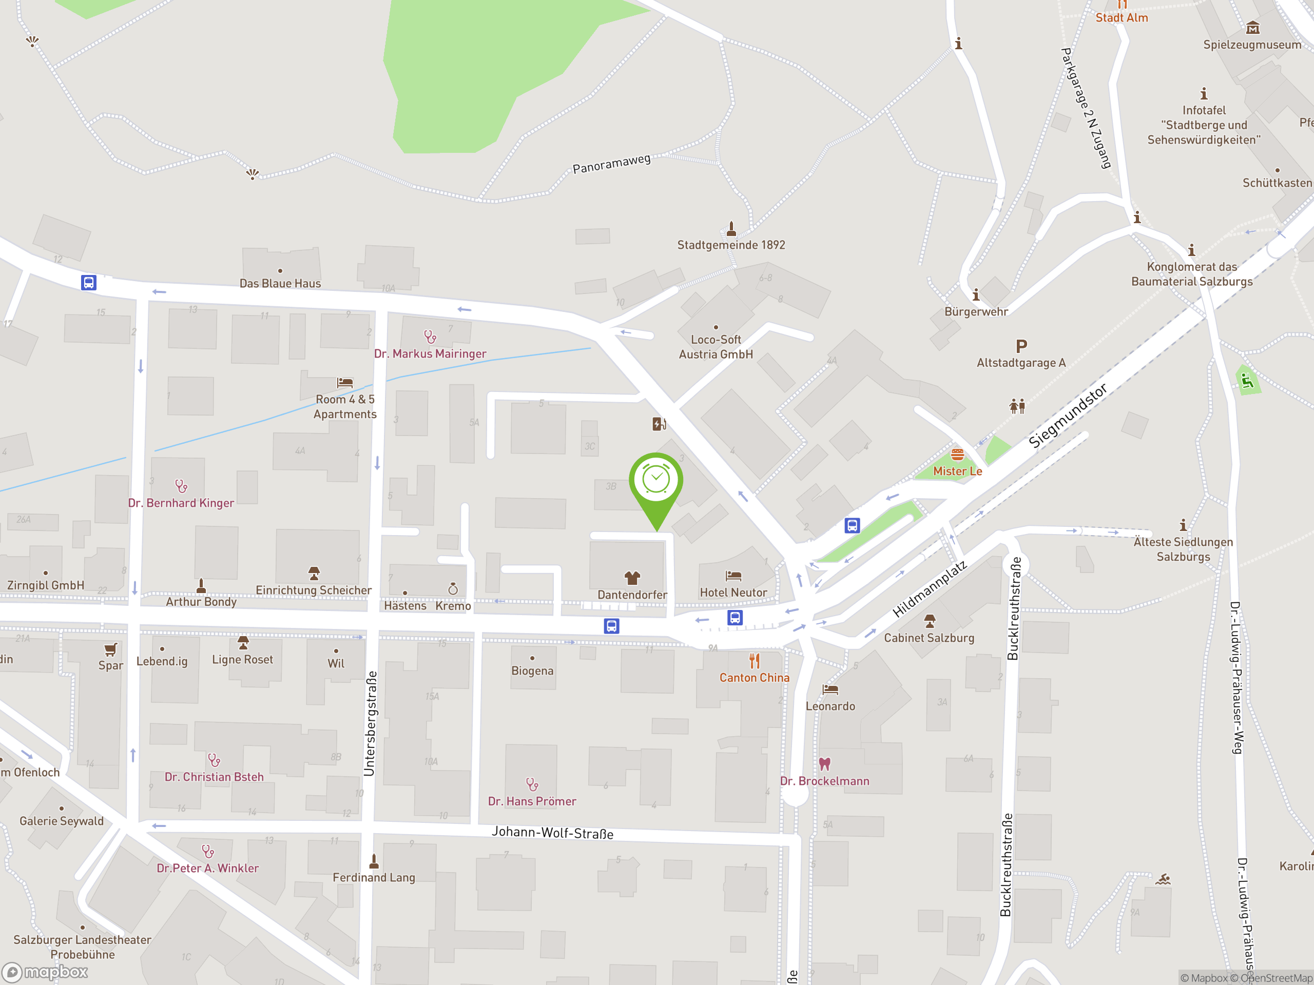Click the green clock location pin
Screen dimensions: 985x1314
656,481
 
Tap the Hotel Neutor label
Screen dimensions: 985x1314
733,593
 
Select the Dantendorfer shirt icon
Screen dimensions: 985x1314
632,578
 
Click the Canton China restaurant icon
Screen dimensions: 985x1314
755,661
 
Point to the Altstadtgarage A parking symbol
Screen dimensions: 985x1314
1021,346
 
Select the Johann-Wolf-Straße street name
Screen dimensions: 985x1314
552,833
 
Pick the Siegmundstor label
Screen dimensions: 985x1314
1068,416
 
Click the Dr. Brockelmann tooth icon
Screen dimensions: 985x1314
824,763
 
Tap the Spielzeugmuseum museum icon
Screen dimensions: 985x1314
1253,28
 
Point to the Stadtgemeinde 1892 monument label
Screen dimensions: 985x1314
731,245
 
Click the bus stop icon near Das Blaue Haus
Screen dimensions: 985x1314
88,283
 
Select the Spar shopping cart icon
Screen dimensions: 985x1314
110,649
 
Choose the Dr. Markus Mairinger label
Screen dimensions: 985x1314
430,354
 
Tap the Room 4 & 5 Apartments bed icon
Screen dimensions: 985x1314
344,383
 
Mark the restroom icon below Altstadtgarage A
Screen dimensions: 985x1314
1017,407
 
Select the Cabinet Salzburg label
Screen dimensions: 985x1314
929,638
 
